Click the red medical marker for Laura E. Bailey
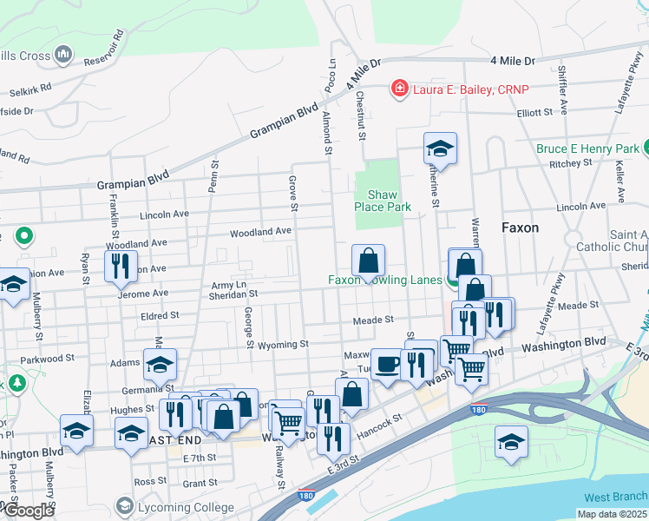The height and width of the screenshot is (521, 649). pos(399,89)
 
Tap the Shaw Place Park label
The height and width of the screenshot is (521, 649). pos(382,201)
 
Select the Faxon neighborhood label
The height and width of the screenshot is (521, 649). pos(520,228)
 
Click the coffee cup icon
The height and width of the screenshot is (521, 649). pos(386,364)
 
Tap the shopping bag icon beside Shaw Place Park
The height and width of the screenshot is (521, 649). pos(368,260)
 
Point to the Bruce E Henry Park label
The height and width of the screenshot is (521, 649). pos(587,149)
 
